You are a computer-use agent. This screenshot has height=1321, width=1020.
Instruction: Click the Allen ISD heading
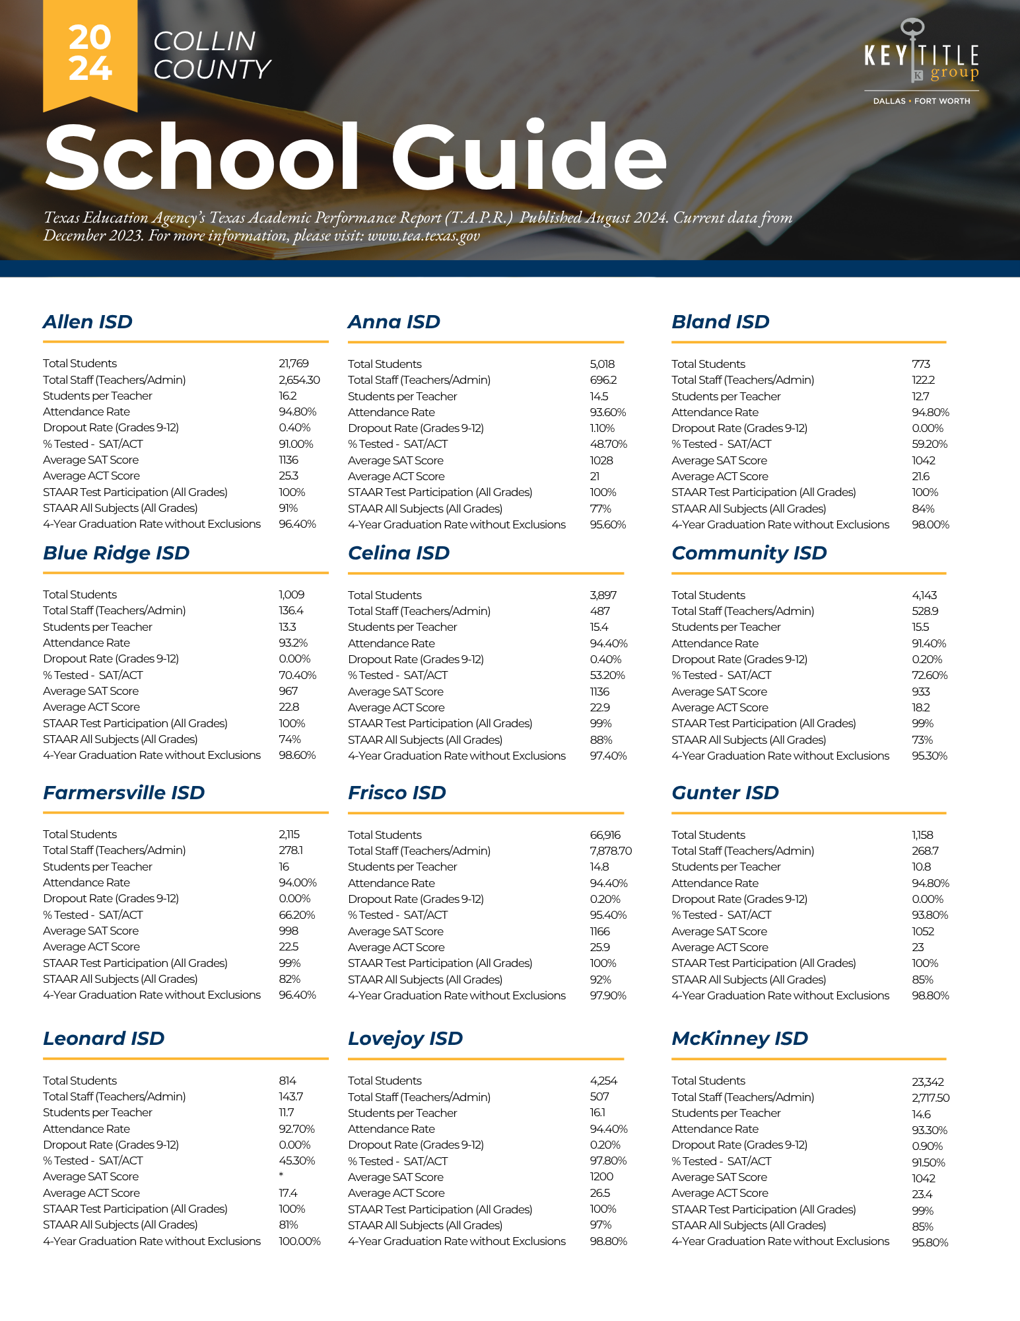click(88, 322)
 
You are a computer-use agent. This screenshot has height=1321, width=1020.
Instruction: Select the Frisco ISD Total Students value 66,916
click(605, 835)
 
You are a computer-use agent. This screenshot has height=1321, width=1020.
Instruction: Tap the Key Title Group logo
click(921, 53)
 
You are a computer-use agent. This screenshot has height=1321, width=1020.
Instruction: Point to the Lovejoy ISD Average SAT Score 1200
click(601, 1176)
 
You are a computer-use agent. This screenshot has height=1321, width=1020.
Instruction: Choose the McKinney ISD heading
click(739, 1038)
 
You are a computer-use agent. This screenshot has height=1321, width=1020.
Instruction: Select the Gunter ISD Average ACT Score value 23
click(918, 947)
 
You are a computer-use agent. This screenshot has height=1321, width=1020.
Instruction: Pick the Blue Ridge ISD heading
click(116, 553)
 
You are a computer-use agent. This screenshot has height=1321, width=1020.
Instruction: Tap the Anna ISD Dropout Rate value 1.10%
click(602, 428)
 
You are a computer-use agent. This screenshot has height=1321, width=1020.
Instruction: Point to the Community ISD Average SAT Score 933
click(920, 692)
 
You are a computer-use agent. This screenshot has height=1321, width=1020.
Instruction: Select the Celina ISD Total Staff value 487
click(599, 611)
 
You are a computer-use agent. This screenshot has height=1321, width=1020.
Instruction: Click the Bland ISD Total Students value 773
click(920, 364)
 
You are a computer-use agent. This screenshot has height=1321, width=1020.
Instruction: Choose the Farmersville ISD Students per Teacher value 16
click(284, 867)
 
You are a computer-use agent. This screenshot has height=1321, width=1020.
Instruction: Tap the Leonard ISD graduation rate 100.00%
click(299, 1241)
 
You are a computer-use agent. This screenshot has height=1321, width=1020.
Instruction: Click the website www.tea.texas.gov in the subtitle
click(423, 236)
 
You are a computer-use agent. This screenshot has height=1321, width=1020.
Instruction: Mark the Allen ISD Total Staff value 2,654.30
click(299, 380)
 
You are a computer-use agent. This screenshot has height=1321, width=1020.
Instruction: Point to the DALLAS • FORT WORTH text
click(921, 101)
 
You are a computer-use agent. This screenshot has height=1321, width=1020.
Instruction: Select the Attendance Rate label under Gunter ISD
click(715, 883)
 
